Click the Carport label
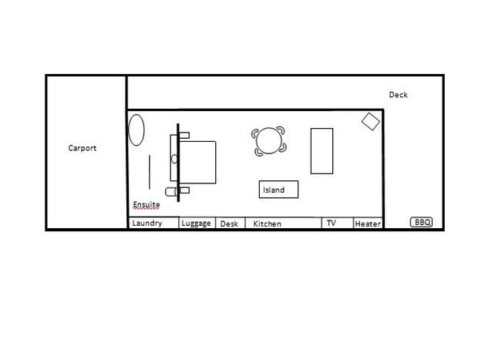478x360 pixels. pyautogui.click(x=82, y=148)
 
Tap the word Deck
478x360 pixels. pyautogui.click(x=398, y=95)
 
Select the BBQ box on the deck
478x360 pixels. pyautogui.click(x=421, y=222)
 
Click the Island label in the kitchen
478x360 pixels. pyautogui.click(x=274, y=190)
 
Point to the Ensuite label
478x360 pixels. pyautogui.click(x=146, y=204)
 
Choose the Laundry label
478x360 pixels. pyautogui.click(x=147, y=223)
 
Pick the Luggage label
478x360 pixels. pyautogui.click(x=196, y=224)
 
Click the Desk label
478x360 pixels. pyautogui.click(x=229, y=224)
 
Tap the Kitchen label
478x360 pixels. pyautogui.click(x=267, y=224)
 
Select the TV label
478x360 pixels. pyautogui.click(x=331, y=223)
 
